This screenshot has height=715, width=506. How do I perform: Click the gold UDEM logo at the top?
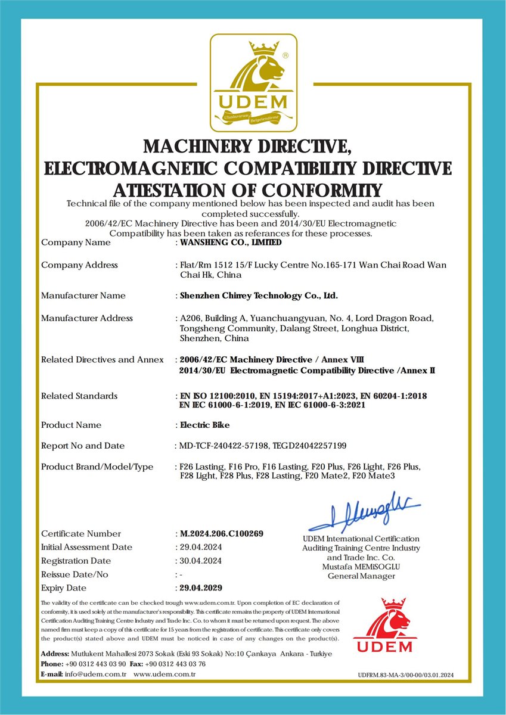point(253,83)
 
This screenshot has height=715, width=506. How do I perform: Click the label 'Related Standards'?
point(79,396)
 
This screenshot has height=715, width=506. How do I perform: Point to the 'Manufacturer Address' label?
point(87,318)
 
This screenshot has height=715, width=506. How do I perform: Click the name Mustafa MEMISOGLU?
point(361,567)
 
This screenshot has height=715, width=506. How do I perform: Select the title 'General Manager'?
point(361,576)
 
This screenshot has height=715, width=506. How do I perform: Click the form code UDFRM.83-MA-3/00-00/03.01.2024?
point(406,675)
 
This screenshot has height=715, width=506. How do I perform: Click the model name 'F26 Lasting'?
point(202,467)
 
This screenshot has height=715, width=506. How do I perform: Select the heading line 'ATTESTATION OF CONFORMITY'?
point(247,190)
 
